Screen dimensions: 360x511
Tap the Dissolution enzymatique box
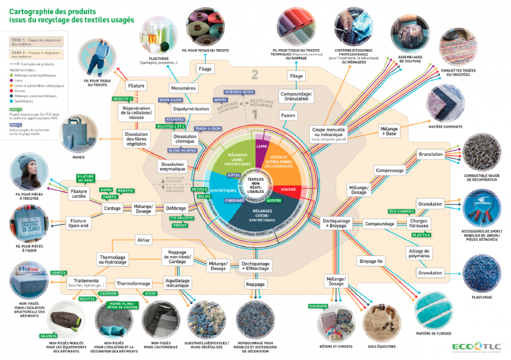point(174,167)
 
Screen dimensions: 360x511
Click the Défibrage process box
point(176,208)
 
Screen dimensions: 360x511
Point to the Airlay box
point(143,240)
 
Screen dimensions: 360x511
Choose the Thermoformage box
point(133,283)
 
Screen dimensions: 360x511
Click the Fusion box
point(288,116)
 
